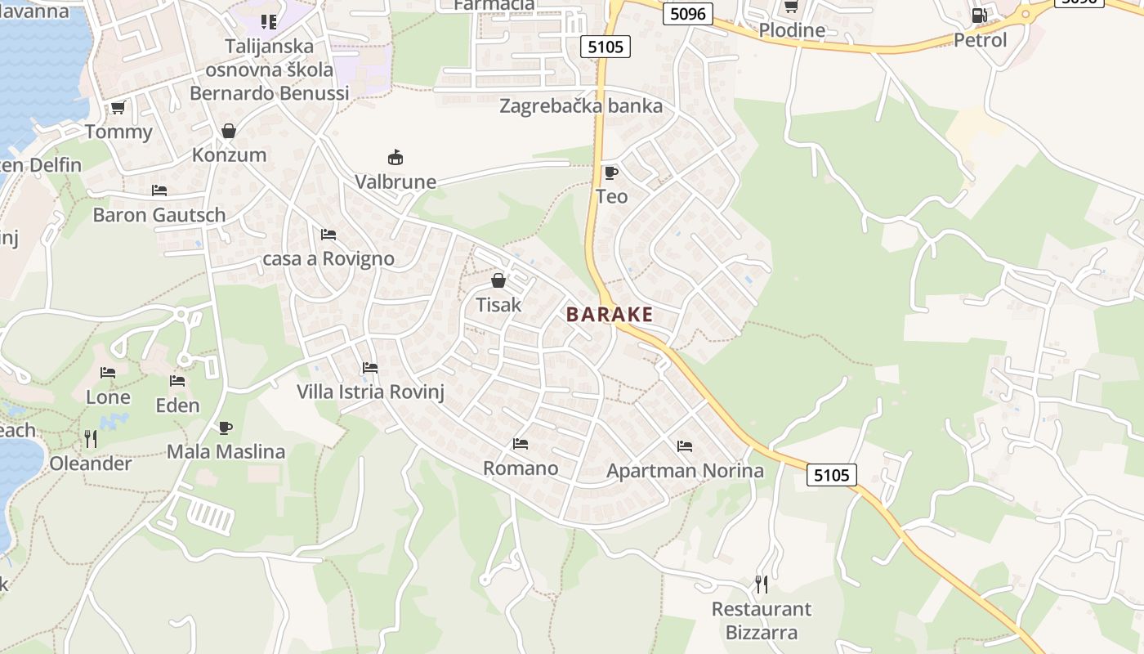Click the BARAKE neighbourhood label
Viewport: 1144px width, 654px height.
click(x=610, y=315)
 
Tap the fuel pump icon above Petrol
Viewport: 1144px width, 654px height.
click(x=979, y=16)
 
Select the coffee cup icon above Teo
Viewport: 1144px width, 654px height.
click(x=610, y=172)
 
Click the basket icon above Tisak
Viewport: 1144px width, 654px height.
click(x=498, y=281)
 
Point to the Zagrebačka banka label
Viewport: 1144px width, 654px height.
click(x=581, y=106)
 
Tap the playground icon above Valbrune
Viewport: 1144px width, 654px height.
click(x=395, y=157)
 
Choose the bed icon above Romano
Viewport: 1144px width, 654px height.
click(x=521, y=444)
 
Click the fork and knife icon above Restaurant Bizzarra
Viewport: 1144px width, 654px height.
click(x=762, y=584)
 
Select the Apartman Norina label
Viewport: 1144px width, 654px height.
click(x=685, y=471)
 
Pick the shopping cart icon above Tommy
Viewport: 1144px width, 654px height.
click(x=118, y=108)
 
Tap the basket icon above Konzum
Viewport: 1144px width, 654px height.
click(x=229, y=131)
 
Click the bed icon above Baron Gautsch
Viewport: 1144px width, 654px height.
click(x=159, y=190)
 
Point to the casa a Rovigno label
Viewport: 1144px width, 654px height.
click(x=328, y=259)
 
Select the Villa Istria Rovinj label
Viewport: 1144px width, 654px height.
click(x=370, y=392)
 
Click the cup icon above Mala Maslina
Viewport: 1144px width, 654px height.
click(x=226, y=428)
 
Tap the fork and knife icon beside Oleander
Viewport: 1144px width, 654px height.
click(x=91, y=439)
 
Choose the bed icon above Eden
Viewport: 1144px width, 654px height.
click(x=177, y=381)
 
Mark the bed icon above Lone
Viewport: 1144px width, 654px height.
click(x=108, y=373)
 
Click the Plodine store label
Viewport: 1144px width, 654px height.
click(x=792, y=30)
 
